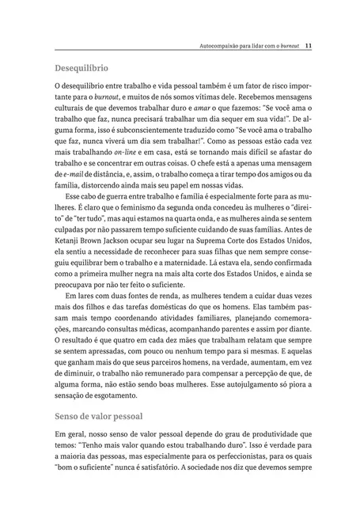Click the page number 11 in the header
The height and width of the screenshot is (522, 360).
click(308, 46)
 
